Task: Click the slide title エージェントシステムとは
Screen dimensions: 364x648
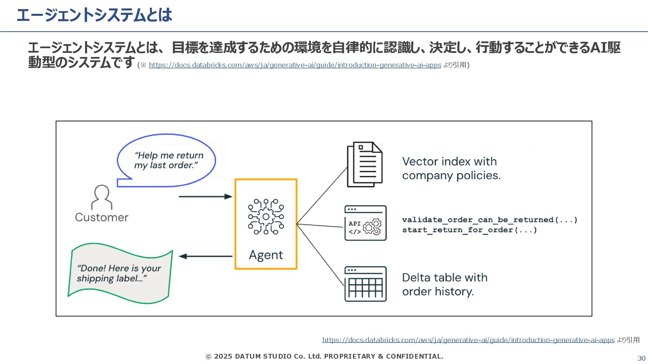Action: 94,15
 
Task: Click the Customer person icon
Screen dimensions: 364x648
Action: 102,198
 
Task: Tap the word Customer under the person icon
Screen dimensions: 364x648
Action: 102,217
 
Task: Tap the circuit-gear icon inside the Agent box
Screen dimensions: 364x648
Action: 266,216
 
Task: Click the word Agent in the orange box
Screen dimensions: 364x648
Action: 266,255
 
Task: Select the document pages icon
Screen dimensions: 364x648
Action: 365,164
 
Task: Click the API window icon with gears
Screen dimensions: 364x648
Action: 365,223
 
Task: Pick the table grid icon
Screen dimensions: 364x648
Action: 365,284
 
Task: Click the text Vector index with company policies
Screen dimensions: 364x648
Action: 451,169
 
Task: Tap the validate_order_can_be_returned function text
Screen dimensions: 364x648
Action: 490,220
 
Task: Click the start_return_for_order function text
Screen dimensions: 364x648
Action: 469,230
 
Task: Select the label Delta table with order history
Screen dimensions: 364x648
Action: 444,284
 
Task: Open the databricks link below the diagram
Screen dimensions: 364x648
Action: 468,340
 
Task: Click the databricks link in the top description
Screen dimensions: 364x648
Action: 295,65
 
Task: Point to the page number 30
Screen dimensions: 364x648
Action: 641,358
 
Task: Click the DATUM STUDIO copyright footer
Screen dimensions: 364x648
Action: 324,356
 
